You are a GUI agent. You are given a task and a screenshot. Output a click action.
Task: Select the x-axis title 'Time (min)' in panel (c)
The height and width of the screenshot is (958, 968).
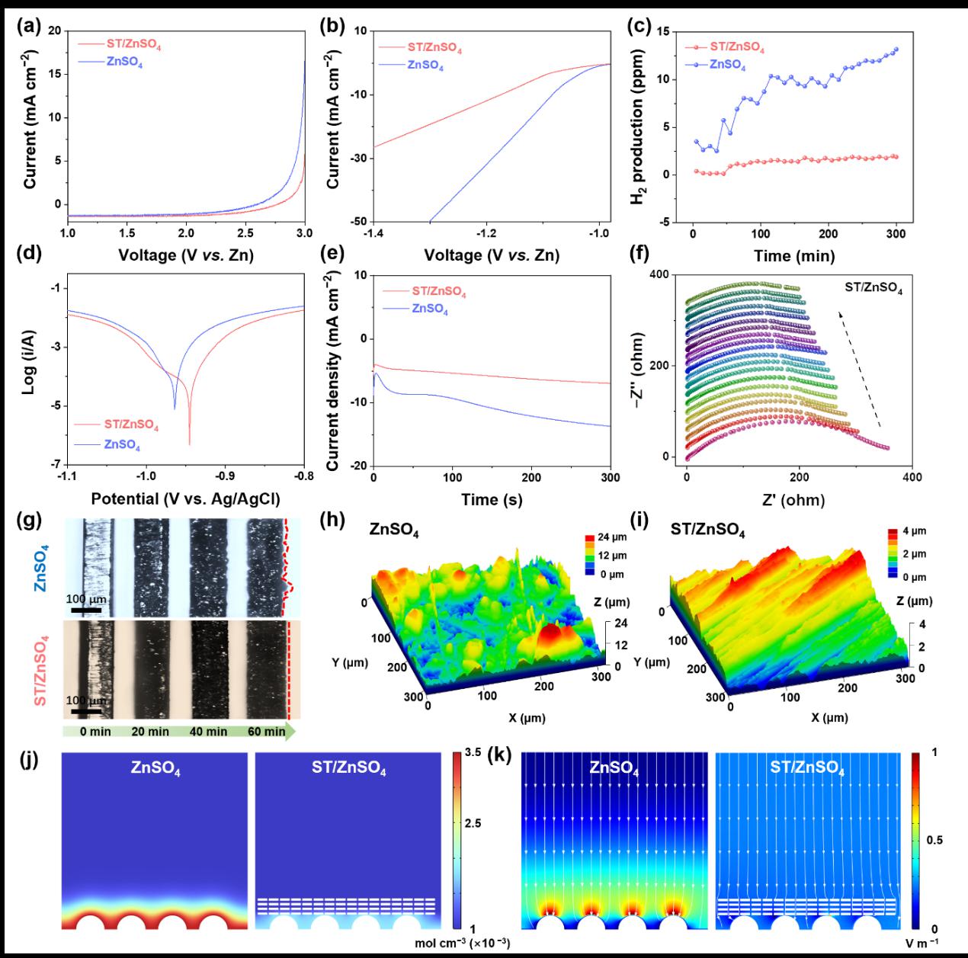click(x=793, y=256)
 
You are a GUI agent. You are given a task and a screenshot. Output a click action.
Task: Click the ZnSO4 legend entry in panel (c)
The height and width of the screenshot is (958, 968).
click(x=727, y=65)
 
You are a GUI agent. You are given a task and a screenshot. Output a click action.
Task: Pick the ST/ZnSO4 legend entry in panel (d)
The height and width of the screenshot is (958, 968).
click(x=130, y=425)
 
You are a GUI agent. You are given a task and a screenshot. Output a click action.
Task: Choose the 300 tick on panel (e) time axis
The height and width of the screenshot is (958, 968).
click(x=610, y=478)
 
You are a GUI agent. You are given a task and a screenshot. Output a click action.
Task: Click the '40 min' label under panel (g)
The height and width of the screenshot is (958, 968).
click(x=208, y=732)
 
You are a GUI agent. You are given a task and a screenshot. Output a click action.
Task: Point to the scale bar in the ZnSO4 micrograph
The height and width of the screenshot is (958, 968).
click(x=87, y=609)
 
